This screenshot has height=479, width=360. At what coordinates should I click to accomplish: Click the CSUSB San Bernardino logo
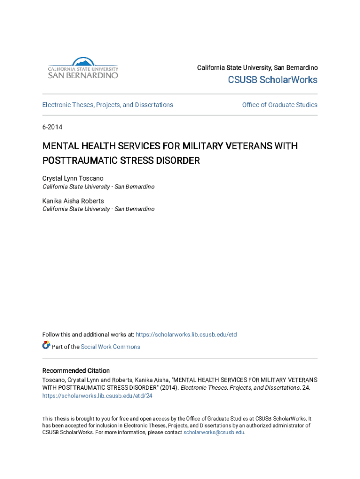point(83,68)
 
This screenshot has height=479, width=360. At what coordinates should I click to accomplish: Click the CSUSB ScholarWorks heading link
point(273,80)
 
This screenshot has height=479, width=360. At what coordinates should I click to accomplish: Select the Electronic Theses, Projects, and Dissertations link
point(108,105)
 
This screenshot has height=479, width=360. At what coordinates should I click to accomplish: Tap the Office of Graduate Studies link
point(280,105)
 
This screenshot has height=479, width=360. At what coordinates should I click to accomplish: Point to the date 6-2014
point(52,127)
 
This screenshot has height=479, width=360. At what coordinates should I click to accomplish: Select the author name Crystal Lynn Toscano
point(73,178)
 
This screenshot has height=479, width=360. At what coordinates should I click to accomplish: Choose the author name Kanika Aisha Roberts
point(73,201)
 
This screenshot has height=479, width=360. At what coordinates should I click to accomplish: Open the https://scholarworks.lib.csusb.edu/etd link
point(187,334)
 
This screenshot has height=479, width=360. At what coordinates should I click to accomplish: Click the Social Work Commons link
point(110,347)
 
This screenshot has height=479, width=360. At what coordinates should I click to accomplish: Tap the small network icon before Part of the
point(46,346)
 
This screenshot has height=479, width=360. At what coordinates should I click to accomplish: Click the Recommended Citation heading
point(76,370)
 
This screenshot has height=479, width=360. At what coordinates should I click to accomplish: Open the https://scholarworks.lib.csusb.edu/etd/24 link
point(97,396)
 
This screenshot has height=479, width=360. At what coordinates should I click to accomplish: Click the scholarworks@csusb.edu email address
point(214,432)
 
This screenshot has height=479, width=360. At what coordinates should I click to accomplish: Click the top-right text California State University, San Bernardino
point(257,68)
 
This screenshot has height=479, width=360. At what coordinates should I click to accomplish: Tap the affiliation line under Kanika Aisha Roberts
point(98,209)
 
